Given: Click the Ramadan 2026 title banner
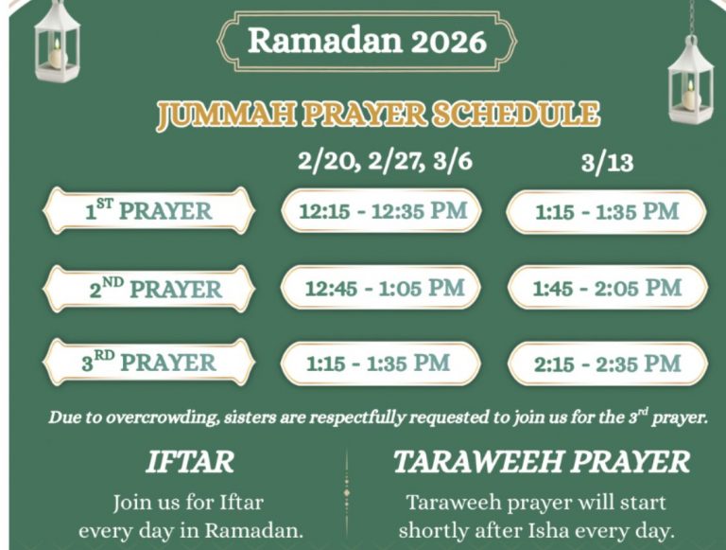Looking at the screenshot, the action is point(367,41).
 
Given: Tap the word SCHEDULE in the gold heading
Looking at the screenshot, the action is point(515,115).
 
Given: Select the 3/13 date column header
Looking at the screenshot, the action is point(607,163).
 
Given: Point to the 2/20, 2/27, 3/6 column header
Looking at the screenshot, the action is point(385,161).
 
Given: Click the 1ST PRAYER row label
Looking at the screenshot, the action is point(148,210).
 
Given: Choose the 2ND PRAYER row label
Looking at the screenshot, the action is point(148,288).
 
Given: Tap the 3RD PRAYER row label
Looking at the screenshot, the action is point(148,362).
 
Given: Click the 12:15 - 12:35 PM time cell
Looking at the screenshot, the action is point(382,211).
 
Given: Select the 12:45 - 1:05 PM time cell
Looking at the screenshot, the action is point(382,288).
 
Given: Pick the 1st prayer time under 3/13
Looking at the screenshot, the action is point(607,211).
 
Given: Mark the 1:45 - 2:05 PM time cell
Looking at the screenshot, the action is point(608,288).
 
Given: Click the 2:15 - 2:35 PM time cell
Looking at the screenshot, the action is point(608,364).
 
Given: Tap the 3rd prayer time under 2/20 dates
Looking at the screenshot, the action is point(380,364).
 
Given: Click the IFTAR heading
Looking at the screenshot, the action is point(190,462).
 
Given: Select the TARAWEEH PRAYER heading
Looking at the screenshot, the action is point(542,462).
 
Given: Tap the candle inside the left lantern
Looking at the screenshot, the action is point(56,55).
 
